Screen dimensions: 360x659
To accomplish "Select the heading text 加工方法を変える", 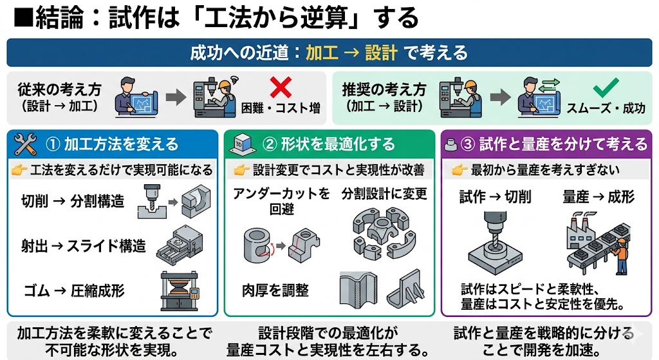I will tap(121, 144).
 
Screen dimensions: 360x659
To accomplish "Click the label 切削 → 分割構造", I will tap(73, 202).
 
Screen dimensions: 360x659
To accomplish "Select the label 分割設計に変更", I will tap(384, 194).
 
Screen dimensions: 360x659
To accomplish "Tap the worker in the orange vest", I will tap(621, 254).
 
